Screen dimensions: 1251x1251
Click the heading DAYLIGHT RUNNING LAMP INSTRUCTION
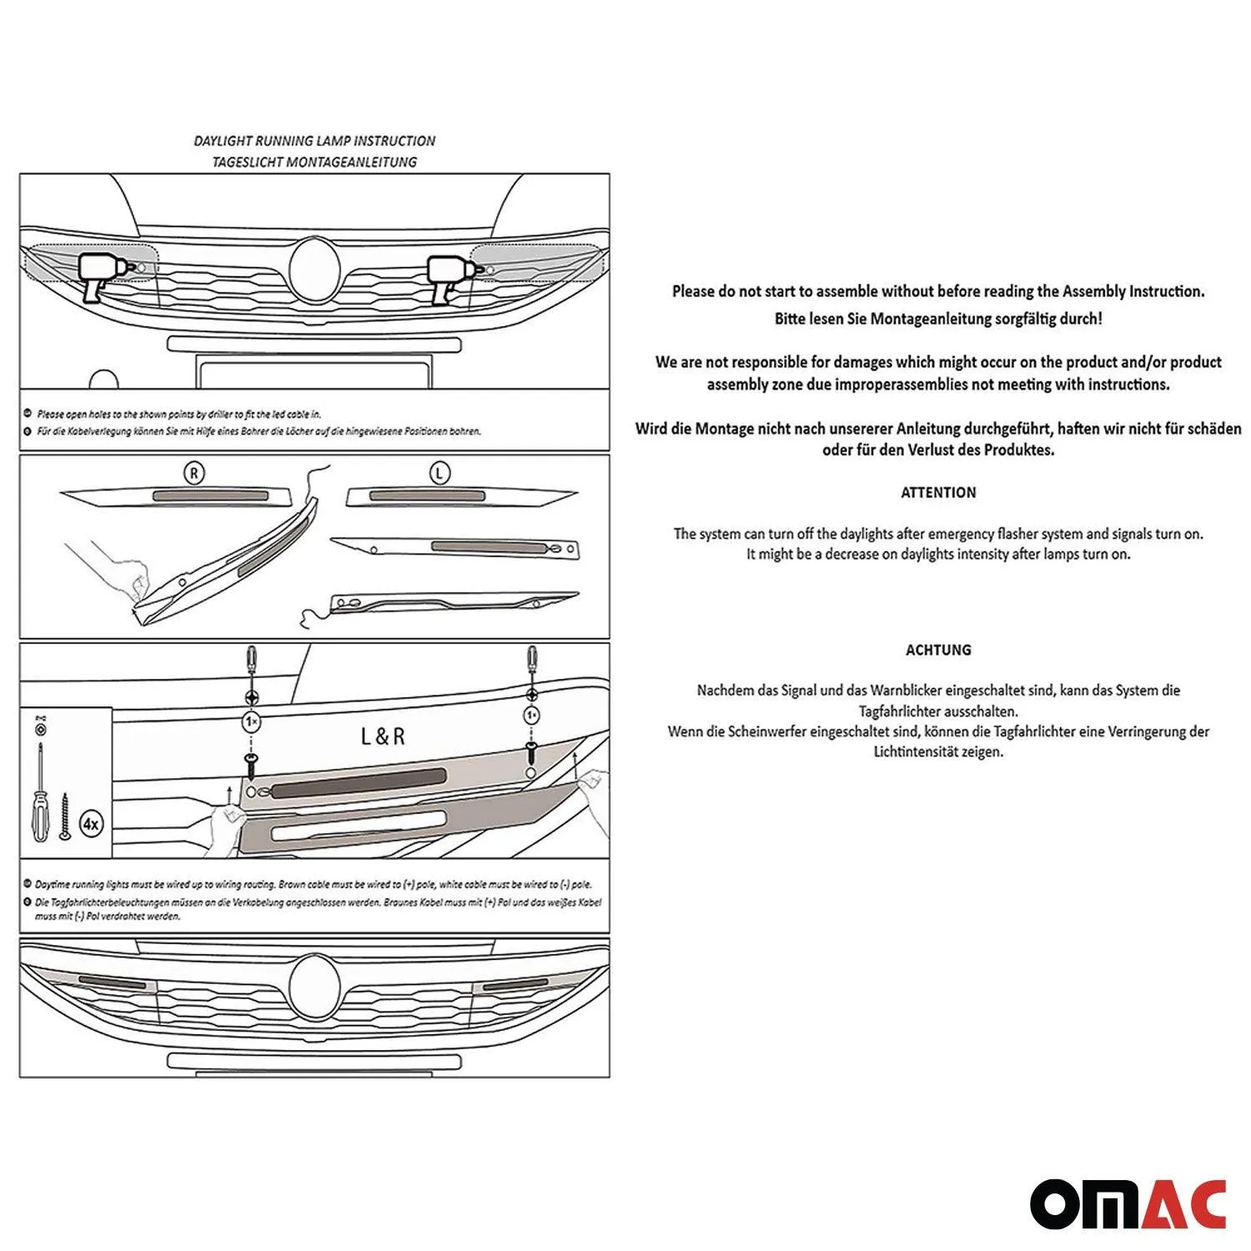tap(314, 141)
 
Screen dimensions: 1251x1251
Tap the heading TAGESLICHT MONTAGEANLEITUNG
tap(314, 162)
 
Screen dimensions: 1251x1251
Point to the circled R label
tap(193, 474)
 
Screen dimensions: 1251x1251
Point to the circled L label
tap(440, 474)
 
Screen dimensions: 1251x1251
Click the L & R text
tap(383, 736)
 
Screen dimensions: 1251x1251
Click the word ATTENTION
tap(938, 492)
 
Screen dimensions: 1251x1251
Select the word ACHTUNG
tap(938, 650)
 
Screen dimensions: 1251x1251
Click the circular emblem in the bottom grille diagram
tap(315, 984)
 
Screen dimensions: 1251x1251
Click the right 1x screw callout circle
tap(531, 716)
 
